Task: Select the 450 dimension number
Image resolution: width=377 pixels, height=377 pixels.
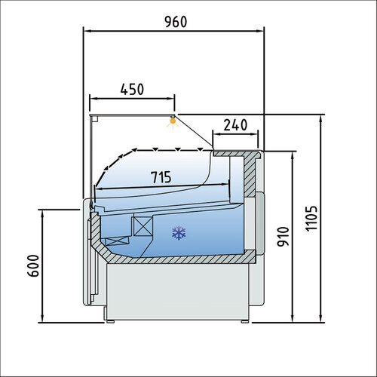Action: pyautogui.click(x=133, y=88)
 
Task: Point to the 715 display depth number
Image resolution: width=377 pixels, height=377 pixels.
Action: pyautogui.click(x=159, y=178)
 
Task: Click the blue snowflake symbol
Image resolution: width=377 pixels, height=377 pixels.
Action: pyautogui.click(x=179, y=232)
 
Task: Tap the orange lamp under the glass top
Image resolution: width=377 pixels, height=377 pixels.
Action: pyautogui.click(x=173, y=118)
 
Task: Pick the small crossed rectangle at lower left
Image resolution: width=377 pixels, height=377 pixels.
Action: pyautogui.click(x=117, y=242)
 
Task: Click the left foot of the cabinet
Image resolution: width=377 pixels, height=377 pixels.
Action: pyautogui.click(x=111, y=321)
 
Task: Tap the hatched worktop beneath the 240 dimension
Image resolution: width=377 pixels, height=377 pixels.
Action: pyautogui.click(x=238, y=153)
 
